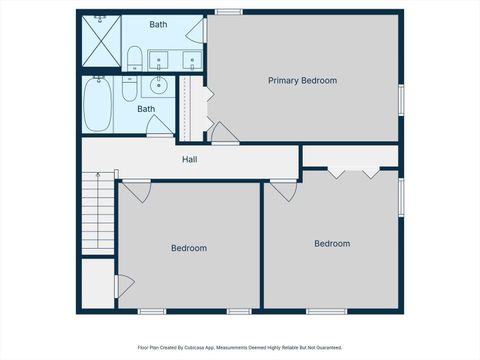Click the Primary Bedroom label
[x=302, y=80]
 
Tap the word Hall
[x=189, y=159]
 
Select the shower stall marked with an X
[x=100, y=40]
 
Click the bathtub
[x=97, y=107]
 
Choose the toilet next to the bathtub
[x=128, y=90]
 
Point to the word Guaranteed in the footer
[x=326, y=347]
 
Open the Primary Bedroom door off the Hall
[x=221, y=132]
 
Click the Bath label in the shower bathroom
[x=159, y=24]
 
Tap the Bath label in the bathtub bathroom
[x=146, y=109]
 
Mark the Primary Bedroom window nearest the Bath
[x=228, y=12]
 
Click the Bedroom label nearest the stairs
[x=188, y=248]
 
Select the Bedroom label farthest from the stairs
[x=332, y=243]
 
